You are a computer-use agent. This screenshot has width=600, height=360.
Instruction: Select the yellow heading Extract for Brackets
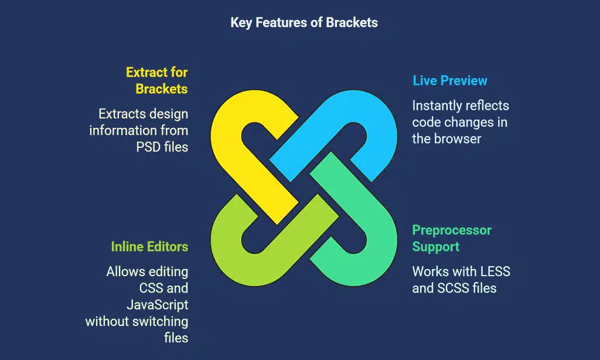[156, 80]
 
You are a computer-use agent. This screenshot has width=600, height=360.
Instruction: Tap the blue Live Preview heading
[449, 80]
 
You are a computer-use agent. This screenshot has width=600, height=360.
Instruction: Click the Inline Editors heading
[149, 246]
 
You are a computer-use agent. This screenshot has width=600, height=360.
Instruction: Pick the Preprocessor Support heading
[451, 238]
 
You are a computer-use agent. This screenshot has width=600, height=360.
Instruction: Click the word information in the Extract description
[124, 130]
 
